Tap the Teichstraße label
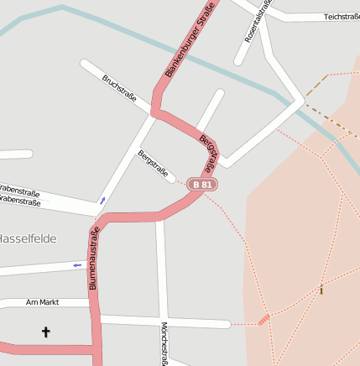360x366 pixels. point(341,17)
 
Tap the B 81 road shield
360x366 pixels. point(202,184)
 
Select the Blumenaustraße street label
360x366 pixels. point(93,258)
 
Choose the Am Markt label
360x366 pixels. point(43,302)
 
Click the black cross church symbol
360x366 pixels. point(46,332)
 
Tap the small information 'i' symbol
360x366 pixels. point(321,290)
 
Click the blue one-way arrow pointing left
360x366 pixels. point(76,265)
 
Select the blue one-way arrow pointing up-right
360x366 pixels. point(102,200)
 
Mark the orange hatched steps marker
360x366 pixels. point(263,319)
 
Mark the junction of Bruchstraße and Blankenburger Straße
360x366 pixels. point(154,112)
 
